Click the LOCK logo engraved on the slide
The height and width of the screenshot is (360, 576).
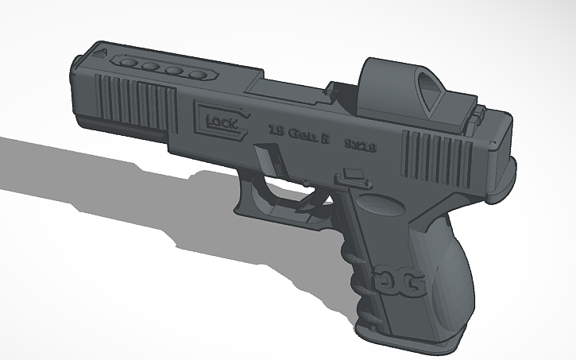219,121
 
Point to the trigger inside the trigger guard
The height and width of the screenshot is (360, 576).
306,208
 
